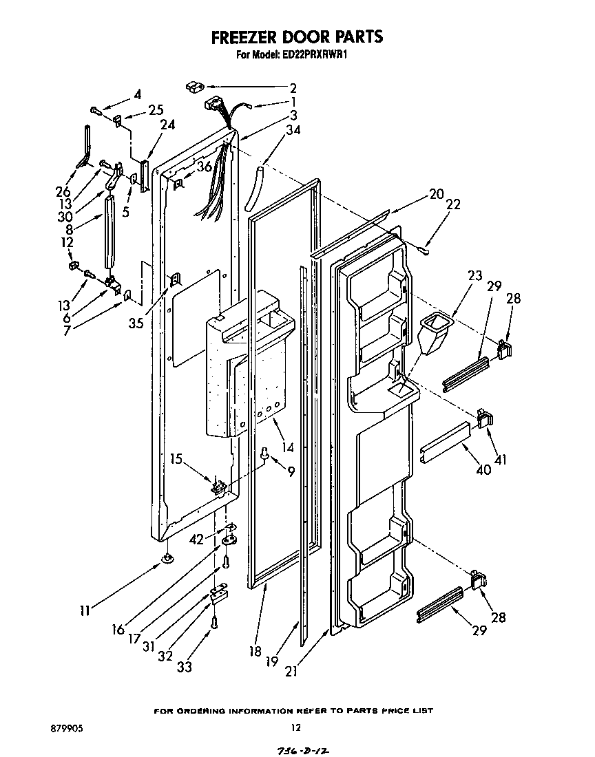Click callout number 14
pyautogui.click(x=287, y=447)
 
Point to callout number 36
pyautogui.click(x=205, y=166)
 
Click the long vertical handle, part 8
pyautogui.click(x=108, y=231)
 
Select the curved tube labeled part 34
pyautogui.click(x=253, y=187)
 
